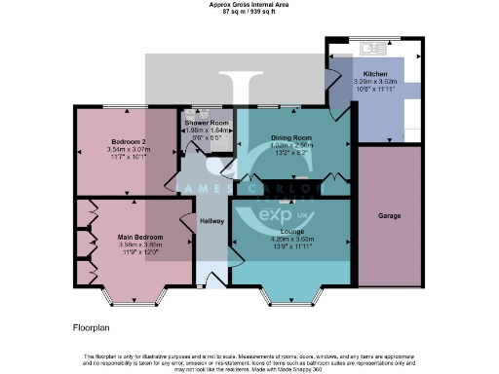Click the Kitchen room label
tap(375, 73)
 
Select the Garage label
tap(390, 215)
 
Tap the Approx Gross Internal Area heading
tap(249, 4)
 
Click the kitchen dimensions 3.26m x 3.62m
tap(375, 81)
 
